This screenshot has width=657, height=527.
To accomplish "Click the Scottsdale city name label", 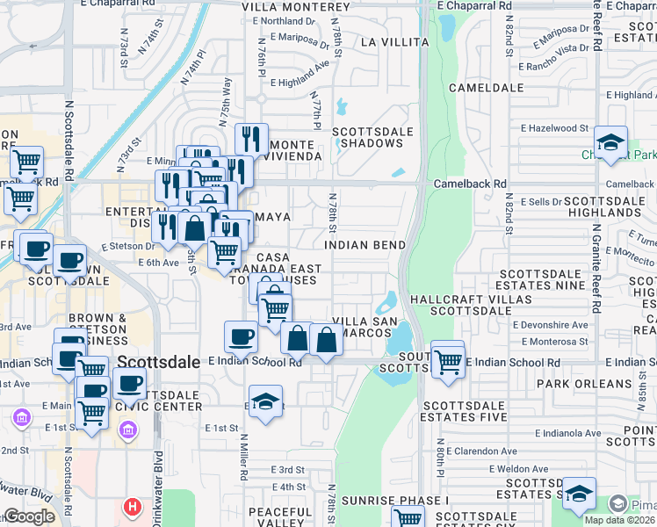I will pyautogui.click(x=155, y=361).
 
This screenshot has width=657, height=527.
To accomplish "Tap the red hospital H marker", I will pyautogui.click(x=133, y=507).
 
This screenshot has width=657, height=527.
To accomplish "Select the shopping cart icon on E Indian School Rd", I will pyautogui.click(x=448, y=359).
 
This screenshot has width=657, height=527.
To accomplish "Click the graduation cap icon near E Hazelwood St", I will pyautogui.click(x=610, y=142).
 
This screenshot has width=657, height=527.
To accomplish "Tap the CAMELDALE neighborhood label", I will pyautogui.click(x=480, y=88).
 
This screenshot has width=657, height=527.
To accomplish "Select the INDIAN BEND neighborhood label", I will pyautogui.click(x=365, y=245).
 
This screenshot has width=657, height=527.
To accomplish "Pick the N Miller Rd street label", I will pyautogui.click(x=244, y=457).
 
